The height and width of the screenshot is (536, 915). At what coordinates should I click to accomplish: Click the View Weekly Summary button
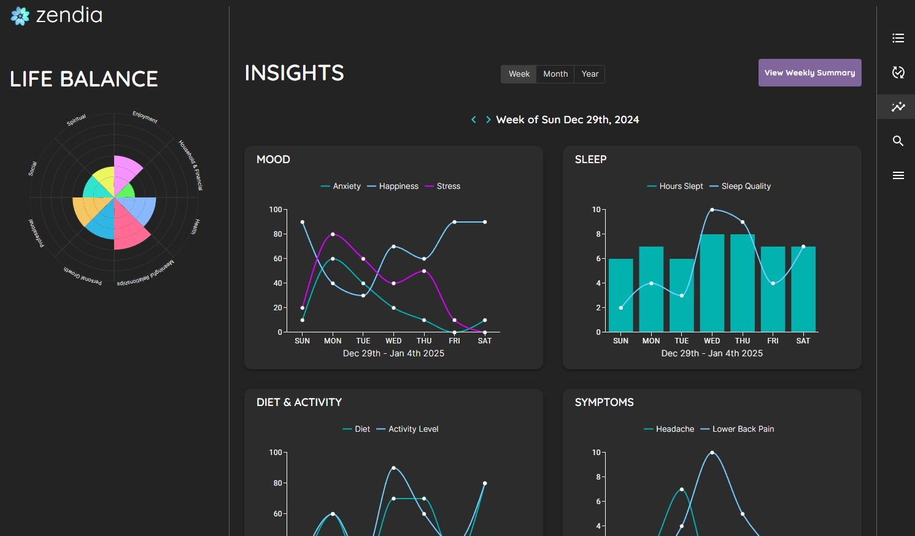tap(809, 73)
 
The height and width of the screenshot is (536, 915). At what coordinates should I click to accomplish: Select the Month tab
tap(555, 74)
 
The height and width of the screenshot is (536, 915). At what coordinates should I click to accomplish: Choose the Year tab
tap(590, 74)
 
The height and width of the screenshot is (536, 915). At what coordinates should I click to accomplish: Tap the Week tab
tap(519, 74)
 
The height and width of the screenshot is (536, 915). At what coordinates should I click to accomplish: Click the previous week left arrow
tap(474, 120)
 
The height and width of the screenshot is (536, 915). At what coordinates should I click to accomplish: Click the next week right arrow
tap(488, 120)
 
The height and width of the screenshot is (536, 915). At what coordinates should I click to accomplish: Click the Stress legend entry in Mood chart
tap(447, 186)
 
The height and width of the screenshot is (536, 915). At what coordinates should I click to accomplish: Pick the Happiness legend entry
tap(398, 186)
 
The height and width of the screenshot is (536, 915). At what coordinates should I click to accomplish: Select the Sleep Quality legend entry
tap(745, 186)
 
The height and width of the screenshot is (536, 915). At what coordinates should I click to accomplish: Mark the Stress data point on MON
tap(333, 234)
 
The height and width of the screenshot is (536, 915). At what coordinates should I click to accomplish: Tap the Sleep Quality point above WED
tap(712, 210)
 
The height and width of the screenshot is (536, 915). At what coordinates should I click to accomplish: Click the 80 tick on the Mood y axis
tap(278, 234)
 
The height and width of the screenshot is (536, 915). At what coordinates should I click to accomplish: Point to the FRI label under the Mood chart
tap(454, 341)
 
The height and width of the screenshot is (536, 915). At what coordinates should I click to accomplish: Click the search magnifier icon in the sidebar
tap(898, 141)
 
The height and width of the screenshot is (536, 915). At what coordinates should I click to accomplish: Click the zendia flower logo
tap(20, 16)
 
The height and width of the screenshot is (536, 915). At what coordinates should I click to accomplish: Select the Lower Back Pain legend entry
tap(743, 429)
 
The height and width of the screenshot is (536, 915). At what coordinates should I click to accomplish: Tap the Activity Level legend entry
tap(412, 429)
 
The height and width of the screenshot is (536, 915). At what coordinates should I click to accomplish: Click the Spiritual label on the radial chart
tap(77, 120)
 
